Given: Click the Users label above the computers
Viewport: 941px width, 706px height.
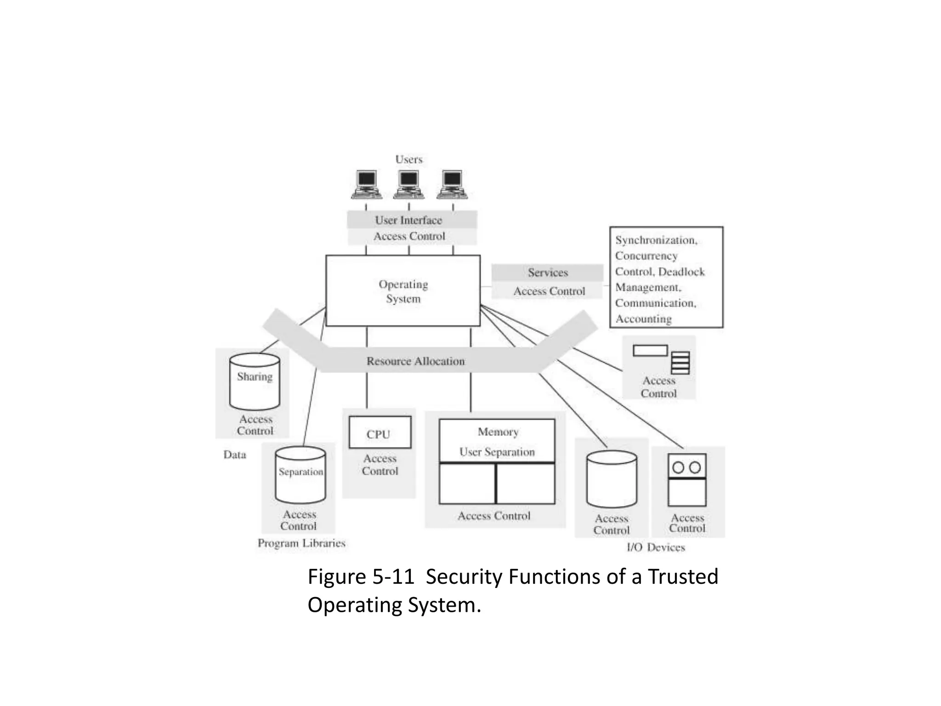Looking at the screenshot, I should point(408,159).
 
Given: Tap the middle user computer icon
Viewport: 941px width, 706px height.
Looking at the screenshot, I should point(408,184).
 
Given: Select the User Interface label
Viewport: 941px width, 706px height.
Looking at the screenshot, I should point(408,220).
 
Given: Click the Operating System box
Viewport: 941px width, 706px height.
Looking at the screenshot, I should point(403,291).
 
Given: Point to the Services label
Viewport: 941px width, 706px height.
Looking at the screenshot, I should point(548,273).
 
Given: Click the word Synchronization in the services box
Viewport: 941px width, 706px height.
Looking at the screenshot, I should point(656,240).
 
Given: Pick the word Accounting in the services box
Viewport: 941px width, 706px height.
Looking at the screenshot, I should point(643,319).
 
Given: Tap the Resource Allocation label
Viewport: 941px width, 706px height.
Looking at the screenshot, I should point(415,361).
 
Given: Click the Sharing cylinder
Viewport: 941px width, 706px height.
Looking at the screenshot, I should point(255,381).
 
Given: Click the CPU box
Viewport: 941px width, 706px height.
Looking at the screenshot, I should point(380,433).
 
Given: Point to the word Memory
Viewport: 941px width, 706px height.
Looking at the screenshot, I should point(498,432).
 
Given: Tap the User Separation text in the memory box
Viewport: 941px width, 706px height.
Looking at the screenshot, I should point(497,452).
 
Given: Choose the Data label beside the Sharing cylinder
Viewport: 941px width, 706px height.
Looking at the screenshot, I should point(235,455).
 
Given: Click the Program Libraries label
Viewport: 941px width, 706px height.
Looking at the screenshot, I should point(301,543).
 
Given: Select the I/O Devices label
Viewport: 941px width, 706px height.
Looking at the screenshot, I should point(656,547).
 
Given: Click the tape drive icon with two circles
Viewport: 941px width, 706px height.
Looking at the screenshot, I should point(687,479).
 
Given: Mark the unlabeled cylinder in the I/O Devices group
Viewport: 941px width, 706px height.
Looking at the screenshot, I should point(612,479).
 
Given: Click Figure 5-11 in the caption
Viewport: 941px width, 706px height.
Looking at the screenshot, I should point(361,577).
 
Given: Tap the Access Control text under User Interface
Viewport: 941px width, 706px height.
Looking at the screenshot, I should point(409,236).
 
